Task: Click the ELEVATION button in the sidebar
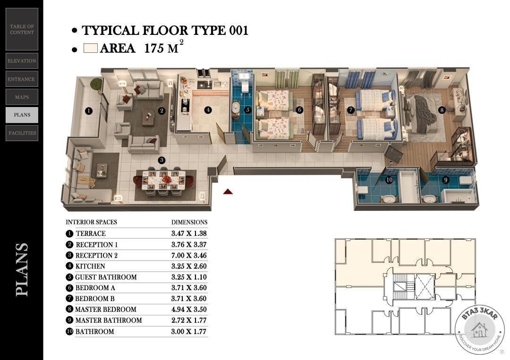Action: tap(22, 61)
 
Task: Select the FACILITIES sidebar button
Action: tap(22, 133)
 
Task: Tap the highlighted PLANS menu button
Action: tap(22, 115)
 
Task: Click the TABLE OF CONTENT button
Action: tap(22, 29)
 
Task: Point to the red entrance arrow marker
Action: tap(228, 192)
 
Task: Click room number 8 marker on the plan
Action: tap(442, 110)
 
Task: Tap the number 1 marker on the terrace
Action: tap(88, 111)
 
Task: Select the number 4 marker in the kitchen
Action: tap(208, 110)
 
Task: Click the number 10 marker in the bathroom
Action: tap(389, 180)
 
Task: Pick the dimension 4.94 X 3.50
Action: tap(189, 310)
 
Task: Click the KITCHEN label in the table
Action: tap(90, 266)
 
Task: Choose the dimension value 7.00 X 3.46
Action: tap(189, 255)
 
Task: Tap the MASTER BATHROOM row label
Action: tap(109, 320)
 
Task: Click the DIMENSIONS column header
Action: tap(189, 222)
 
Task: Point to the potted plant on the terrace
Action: tap(96, 84)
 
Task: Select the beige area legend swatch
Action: tap(90, 48)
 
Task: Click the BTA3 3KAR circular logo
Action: tap(479, 329)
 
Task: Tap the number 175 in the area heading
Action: tap(154, 49)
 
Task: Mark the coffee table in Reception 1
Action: tap(148, 117)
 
